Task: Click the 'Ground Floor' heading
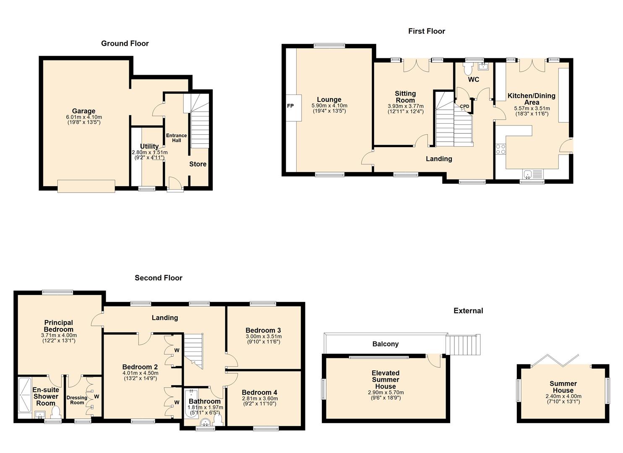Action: pos(125,43)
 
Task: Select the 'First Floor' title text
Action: pos(426,31)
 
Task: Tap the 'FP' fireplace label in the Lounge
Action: pos(290,106)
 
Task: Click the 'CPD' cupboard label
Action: pos(464,107)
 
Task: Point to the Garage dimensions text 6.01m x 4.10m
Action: pos(84,117)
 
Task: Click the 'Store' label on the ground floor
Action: pos(198,164)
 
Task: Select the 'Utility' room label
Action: pos(149,146)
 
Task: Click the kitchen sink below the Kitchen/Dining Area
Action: pos(532,174)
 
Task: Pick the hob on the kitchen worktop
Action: pos(500,149)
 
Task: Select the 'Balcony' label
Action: pos(385,344)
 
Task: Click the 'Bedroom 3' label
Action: pos(263,330)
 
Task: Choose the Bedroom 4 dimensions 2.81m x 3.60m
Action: pos(260,399)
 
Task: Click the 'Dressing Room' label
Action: pos(77,400)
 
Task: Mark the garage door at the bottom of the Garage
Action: pos(86,186)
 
